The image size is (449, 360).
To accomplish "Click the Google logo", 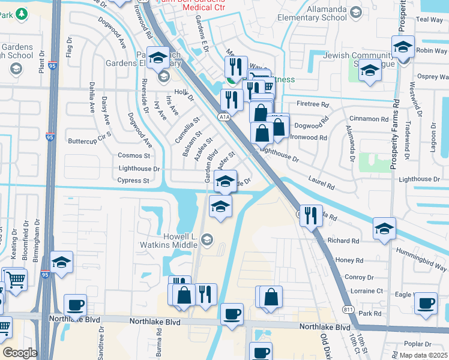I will tap(19, 353).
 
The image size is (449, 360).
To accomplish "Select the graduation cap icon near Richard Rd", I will tap(384, 229).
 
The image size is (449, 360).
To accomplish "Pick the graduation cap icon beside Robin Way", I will tap(403, 47).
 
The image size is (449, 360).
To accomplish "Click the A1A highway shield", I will tap(224, 116).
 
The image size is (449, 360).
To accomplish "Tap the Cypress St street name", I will tap(133, 181).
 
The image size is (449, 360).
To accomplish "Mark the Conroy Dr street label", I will tap(360, 278).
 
